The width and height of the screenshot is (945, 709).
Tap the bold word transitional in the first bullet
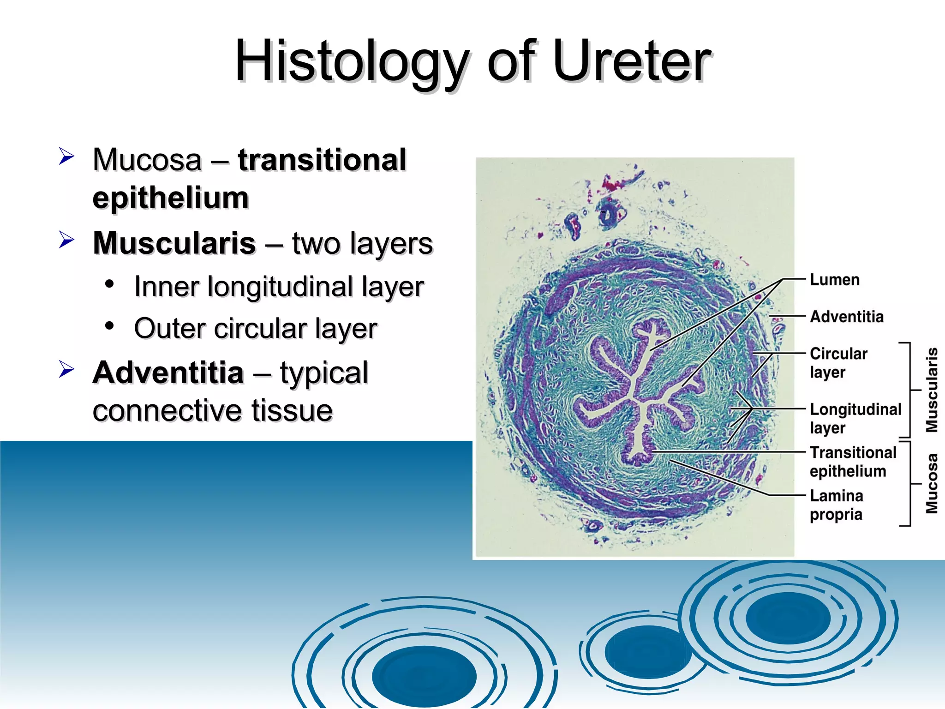pos(322,160)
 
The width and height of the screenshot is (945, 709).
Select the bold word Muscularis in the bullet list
pos(174,243)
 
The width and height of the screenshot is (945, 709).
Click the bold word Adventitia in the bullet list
pos(168,373)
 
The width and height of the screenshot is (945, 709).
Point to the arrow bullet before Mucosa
pos(66,156)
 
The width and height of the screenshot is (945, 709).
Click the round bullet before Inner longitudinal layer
pos(109,284)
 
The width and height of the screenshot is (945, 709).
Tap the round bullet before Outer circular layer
pos(109,326)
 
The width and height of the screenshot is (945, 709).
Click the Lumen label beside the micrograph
pos(834,280)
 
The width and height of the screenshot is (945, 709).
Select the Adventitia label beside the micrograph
pos(846,317)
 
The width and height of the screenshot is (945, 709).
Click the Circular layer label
pos(838,362)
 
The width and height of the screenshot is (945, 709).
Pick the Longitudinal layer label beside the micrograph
pos(855,418)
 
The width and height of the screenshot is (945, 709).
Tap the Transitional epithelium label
pos(852,461)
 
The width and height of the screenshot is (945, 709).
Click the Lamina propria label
pos(836,505)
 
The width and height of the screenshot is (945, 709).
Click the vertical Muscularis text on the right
pos(932,390)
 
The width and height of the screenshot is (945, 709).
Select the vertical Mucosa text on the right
pos(932,483)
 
